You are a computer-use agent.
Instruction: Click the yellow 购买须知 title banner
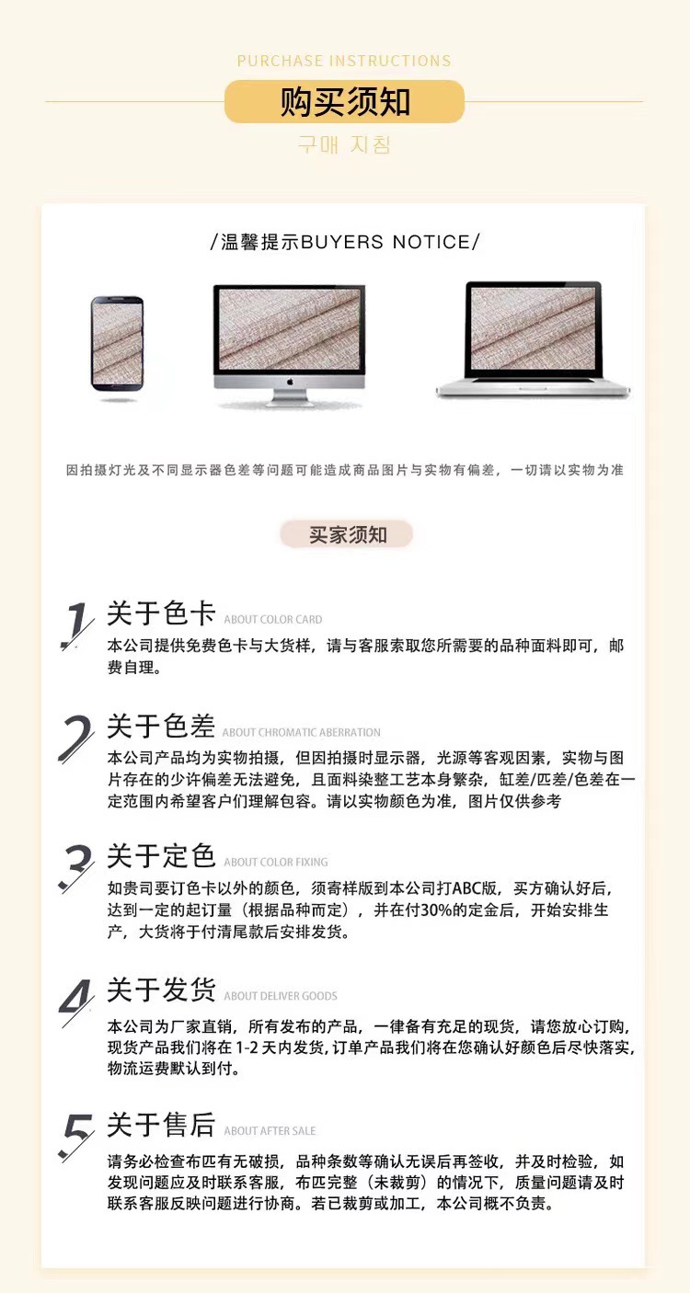(x=344, y=102)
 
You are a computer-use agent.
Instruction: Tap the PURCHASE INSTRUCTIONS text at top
(x=344, y=62)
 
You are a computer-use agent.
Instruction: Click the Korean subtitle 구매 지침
(x=344, y=144)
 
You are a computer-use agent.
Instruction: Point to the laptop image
(x=533, y=339)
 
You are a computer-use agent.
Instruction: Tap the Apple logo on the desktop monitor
(x=289, y=378)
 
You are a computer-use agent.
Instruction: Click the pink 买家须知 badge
(x=347, y=534)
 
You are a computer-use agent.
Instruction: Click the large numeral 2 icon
(x=76, y=738)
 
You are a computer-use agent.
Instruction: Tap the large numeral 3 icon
(x=76, y=868)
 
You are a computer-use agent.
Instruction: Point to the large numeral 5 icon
(x=76, y=1137)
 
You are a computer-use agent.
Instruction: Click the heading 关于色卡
(x=161, y=614)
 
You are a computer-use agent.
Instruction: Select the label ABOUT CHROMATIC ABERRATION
(x=301, y=733)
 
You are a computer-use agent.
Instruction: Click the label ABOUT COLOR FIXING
(x=275, y=863)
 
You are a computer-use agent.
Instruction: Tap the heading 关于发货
(x=161, y=990)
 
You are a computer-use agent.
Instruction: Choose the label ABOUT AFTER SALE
(x=270, y=1131)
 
